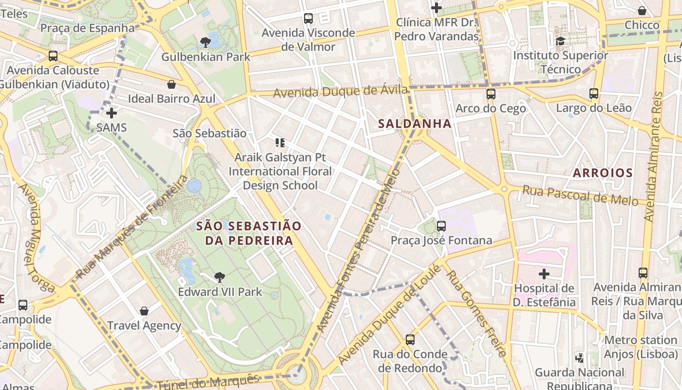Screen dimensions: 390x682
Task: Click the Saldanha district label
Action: point(415,124)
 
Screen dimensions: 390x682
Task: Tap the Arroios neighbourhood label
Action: point(603,173)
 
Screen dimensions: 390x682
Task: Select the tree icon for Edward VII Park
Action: point(220,277)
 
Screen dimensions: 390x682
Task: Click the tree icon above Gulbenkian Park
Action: point(206,42)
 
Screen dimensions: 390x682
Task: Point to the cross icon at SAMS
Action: point(112,113)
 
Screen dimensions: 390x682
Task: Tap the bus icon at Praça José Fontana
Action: point(441,226)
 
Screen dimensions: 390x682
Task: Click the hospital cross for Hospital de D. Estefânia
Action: point(544,273)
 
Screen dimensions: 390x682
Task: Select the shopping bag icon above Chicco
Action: point(642,10)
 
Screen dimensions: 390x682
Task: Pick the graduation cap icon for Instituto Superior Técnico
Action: point(560,41)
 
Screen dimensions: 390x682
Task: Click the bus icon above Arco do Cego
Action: point(491,94)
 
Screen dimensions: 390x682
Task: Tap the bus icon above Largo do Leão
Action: point(594,93)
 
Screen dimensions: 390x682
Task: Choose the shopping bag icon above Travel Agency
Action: point(144,311)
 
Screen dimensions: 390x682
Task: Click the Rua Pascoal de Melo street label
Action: point(580,195)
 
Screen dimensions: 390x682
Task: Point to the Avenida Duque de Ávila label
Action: point(340,91)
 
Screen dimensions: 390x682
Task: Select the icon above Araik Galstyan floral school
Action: point(280,143)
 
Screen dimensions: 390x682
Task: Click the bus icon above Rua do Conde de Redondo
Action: point(410,339)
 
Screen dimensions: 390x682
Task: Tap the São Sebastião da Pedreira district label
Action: point(249,233)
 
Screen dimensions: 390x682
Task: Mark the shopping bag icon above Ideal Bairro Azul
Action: point(171,84)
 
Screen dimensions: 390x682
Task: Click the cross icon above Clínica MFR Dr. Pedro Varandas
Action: point(436,8)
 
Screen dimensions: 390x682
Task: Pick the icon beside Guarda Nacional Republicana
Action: point(580,358)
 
